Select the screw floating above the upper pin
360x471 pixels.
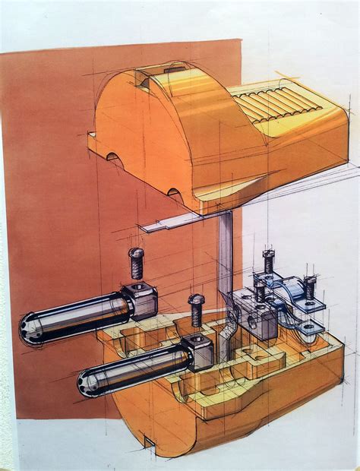[x=136, y=263]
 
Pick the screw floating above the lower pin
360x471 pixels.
[x=196, y=309]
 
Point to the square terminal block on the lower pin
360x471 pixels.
[x=199, y=352]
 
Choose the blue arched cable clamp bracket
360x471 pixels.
[x=288, y=292]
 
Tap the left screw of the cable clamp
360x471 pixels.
[x=268, y=261]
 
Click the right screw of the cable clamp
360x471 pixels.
[x=310, y=286]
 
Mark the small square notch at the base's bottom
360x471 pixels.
[x=150, y=443]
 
